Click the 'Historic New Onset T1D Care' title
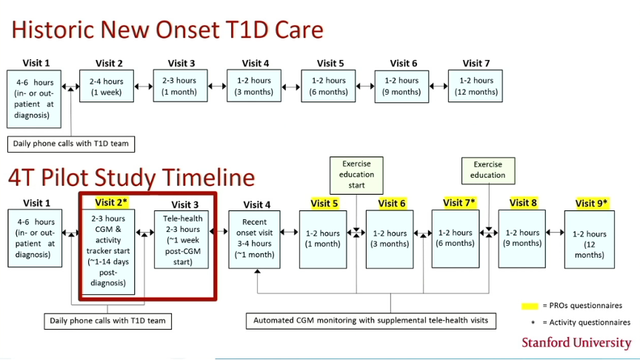167,30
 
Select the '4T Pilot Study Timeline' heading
131,178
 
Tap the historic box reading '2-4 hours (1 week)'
107,86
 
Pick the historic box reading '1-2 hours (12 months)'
476,86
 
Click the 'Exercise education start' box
356,175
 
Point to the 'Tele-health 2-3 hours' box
181,239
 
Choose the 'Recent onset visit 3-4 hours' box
254,239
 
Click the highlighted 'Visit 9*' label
591,203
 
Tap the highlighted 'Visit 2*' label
110,202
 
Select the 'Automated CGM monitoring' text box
371,321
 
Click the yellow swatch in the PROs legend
530,306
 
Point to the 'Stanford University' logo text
576,343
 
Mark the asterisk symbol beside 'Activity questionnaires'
533,323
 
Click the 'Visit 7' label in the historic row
476,63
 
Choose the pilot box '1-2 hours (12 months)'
590,239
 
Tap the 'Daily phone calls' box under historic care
71,144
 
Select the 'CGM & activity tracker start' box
108,252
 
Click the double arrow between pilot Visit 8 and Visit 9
555,233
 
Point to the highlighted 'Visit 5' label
324,203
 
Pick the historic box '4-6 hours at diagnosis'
34,99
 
